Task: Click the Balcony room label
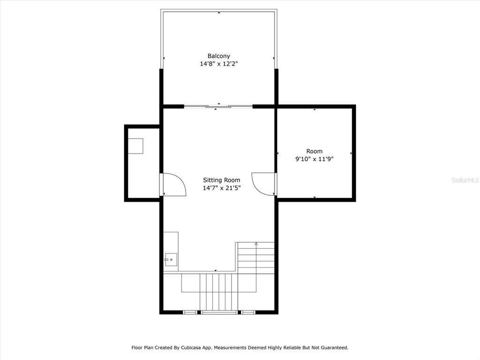coord(218,56)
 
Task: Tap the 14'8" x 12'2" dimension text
coord(218,64)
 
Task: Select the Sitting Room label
coord(222,180)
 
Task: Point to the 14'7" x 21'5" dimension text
coord(222,188)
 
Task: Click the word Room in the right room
coord(315,151)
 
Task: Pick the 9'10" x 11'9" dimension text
coord(315,159)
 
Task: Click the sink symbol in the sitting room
coord(171,260)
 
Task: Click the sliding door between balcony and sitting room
coord(218,106)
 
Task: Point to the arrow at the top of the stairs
coord(256,244)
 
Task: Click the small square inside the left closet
coord(135,146)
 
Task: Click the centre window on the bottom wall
coord(219,312)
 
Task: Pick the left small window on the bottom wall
coord(190,312)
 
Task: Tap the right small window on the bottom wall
coord(248,312)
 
